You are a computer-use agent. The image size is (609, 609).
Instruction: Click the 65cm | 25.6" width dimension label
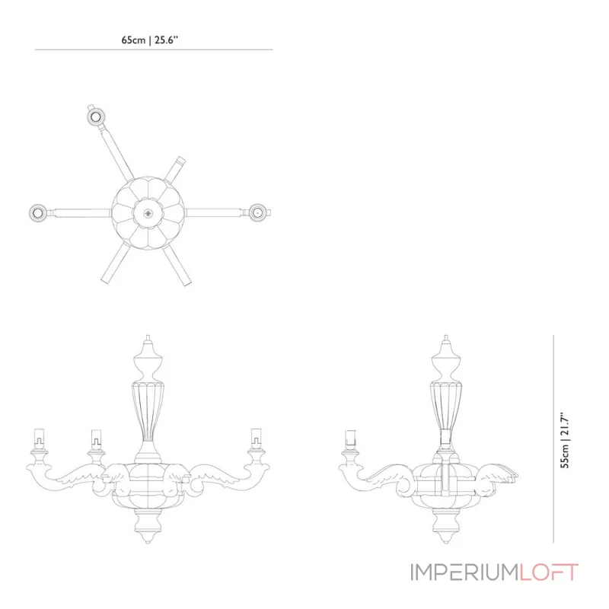(149, 40)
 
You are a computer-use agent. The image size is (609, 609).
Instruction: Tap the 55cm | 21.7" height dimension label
(565, 440)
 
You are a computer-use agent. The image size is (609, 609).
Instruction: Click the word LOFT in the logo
(549, 572)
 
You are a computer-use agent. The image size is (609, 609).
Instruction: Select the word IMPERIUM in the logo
(465, 572)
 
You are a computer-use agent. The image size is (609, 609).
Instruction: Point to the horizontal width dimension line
(154, 49)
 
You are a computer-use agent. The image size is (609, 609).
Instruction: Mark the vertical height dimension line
(553, 439)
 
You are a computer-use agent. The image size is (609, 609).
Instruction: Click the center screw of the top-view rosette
(148, 213)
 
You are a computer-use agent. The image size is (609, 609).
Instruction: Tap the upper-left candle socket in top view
(95, 116)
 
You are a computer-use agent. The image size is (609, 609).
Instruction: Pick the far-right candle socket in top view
(258, 213)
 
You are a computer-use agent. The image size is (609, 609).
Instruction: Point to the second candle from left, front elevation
(96, 439)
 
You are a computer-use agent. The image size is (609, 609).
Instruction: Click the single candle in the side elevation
(351, 440)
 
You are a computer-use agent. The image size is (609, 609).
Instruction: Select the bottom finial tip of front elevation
(148, 541)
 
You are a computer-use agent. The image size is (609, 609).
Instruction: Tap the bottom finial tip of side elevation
(446, 541)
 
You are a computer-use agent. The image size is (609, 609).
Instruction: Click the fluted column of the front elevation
(148, 411)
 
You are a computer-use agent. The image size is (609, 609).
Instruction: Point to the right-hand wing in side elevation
(497, 474)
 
